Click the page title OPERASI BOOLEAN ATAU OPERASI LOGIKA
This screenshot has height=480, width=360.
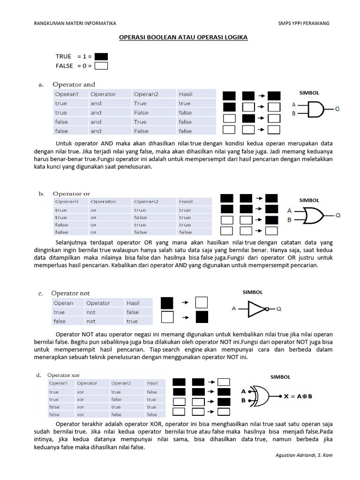tap(180, 37)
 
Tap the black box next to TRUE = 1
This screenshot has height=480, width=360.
tap(101, 56)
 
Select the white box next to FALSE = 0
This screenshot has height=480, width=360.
tap(101, 66)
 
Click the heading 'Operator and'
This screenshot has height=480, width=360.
tap(74, 84)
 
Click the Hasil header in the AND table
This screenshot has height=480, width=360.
tap(186, 94)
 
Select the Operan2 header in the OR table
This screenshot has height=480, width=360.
tap(146, 202)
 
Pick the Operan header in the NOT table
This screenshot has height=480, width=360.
tap(63, 303)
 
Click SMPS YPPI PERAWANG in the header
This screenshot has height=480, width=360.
tap(303, 23)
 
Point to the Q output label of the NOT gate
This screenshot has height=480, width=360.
tap(279, 309)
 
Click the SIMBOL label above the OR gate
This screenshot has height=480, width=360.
tap(309, 200)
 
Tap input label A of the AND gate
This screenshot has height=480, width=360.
tap(293, 105)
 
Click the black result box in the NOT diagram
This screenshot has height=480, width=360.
tap(202, 317)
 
